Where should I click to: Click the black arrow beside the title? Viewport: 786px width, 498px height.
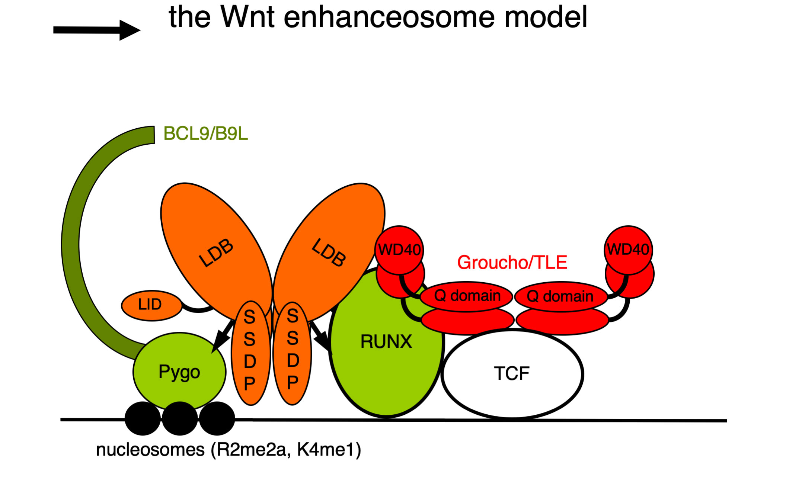point(96,30)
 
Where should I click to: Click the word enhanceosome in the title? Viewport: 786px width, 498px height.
point(390,17)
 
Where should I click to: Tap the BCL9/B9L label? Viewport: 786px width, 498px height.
point(205,134)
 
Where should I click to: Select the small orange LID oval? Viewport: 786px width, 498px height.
point(151,305)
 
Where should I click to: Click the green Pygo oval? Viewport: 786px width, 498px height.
point(179,372)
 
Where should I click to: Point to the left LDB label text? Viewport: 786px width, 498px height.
point(216,253)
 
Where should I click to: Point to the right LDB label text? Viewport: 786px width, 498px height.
point(329,253)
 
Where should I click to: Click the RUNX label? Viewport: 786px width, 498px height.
point(386,341)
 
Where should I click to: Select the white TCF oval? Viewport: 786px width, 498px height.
point(512,374)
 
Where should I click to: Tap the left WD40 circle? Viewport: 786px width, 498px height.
point(399,250)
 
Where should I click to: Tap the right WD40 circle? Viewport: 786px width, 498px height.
point(628,250)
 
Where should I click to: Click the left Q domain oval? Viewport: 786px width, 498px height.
point(467,296)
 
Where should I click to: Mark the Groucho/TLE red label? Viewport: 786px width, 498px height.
point(512,263)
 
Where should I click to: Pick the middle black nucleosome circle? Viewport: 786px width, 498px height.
point(180,418)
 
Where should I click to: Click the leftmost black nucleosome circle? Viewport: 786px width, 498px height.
point(143,418)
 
